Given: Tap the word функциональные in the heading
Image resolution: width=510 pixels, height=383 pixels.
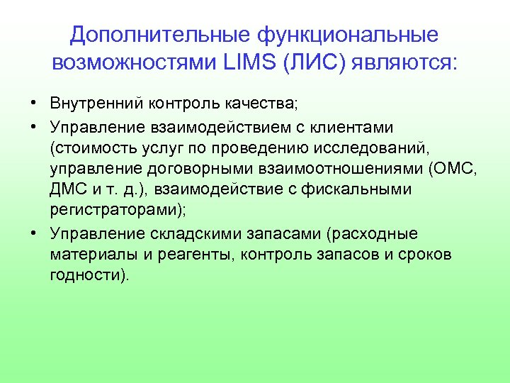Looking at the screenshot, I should (x=348, y=35).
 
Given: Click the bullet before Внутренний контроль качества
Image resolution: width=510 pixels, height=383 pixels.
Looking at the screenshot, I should (x=34, y=104).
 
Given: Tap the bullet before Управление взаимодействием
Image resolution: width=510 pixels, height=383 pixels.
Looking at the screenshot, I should (x=34, y=126).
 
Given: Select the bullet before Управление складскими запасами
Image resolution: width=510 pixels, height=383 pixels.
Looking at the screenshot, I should (x=34, y=233).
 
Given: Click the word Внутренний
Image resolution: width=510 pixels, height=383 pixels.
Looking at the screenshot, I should (x=96, y=104).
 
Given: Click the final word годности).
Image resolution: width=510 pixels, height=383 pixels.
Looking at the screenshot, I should (x=90, y=276).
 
